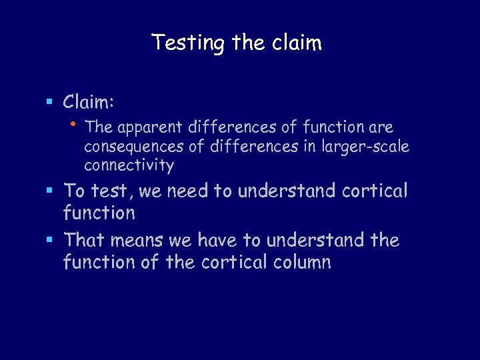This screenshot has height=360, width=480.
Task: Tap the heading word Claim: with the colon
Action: [89, 102]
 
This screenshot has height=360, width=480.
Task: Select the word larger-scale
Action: [367, 146]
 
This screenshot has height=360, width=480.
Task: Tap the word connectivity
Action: [129, 165]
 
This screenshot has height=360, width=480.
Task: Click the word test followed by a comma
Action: [111, 191]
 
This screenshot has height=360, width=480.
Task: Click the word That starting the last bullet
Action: [85, 240]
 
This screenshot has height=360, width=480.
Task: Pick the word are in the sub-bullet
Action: [380, 127]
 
